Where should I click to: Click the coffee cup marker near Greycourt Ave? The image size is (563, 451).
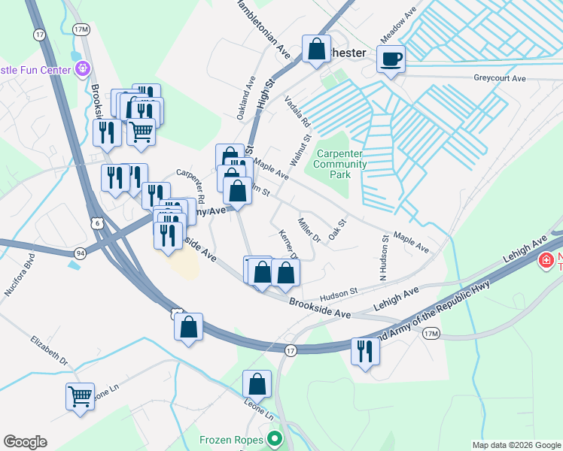click(x=391, y=59)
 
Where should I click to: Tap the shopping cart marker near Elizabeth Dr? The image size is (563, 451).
click(x=80, y=395)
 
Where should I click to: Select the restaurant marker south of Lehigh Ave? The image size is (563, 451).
click(x=365, y=352)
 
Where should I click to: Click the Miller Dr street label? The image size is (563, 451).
click(x=309, y=230)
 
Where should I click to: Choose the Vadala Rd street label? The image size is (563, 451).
click(x=296, y=111)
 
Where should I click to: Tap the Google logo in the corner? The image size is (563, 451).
click(x=25, y=442)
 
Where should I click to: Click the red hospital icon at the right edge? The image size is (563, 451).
click(x=546, y=261)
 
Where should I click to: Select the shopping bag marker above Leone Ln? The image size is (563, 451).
click(x=257, y=383)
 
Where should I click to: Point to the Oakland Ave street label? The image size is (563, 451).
click(x=246, y=98)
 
